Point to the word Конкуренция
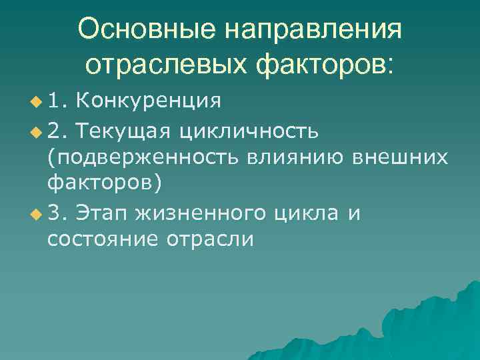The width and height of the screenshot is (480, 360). pos(148,101)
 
